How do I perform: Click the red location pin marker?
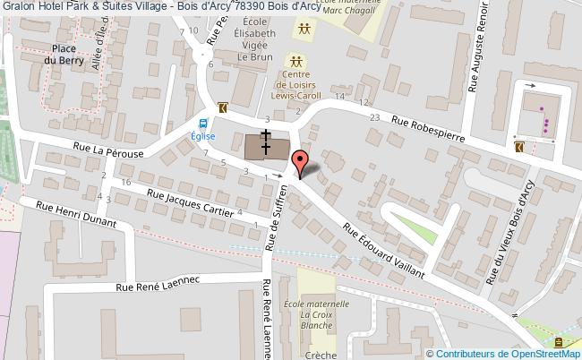[301, 162]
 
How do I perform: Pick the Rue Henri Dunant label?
[75, 219]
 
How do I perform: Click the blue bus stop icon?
[203, 124]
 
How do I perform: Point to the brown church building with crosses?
[267, 145]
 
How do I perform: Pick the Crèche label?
[321, 354]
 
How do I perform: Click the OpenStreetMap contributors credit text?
[503, 354]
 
